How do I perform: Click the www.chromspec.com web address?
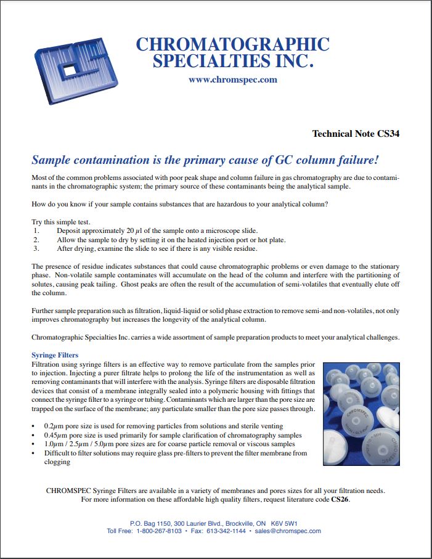(232, 80)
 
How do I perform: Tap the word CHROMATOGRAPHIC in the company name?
(232, 45)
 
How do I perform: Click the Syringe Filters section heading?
(55, 356)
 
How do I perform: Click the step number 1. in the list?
(36, 231)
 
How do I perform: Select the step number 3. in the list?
(36, 248)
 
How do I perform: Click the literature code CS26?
(340, 499)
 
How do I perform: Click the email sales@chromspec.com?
(287, 531)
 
